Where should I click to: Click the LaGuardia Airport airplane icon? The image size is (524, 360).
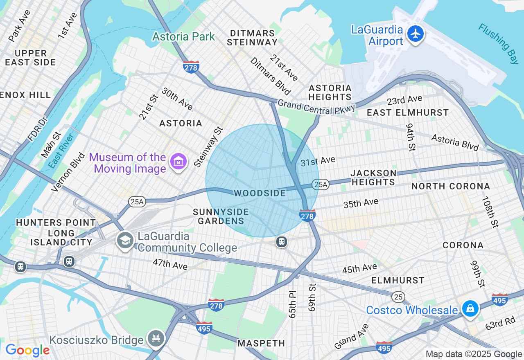[416, 34]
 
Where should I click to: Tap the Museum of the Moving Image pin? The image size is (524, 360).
[179, 162]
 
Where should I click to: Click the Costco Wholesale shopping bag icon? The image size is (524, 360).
[470, 309]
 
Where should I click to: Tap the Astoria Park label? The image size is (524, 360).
[183, 37]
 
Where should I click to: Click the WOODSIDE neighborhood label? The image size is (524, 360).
[260, 193]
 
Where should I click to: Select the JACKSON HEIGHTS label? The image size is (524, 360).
[373, 178]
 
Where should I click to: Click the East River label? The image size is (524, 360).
[61, 151]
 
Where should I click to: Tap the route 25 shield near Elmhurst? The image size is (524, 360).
[398, 297]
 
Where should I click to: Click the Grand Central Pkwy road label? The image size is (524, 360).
[316, 106]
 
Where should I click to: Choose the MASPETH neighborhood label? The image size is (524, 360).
[261, 343]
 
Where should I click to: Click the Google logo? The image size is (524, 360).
[27, 350]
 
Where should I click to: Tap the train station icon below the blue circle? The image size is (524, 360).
[281, 242]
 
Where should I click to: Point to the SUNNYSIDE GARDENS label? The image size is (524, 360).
[221, 216]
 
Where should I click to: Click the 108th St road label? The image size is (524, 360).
[490, 212]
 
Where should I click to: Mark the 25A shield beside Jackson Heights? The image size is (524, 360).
[321, 185]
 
